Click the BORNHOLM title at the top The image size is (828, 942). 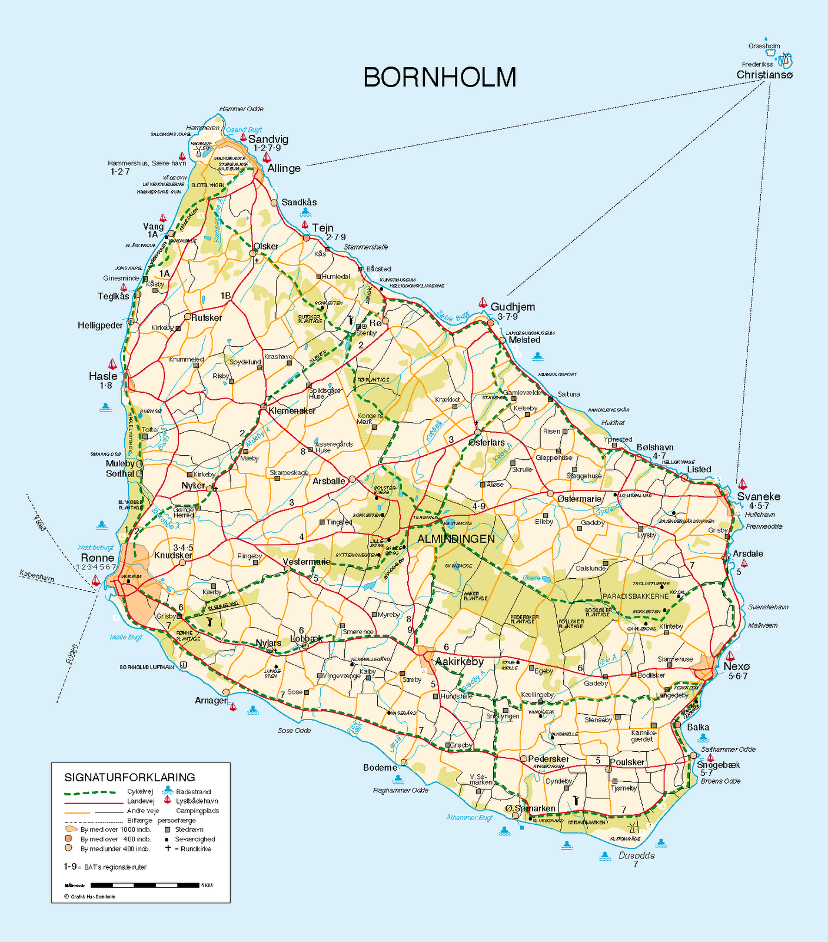[440, 78]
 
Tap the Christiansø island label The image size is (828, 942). [764, 75]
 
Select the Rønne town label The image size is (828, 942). [98, 558]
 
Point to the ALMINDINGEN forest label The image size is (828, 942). [456, 539]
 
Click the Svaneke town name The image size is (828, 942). [759, 496]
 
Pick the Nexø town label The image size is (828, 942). [737, 666]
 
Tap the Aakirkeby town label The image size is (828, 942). [459, 662]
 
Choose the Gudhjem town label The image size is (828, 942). [513, 307]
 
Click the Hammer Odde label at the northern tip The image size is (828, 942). [241, 109]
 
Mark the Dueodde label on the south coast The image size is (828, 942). [637, 855]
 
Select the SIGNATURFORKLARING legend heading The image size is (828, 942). [129, 777]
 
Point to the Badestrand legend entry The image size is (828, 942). [193, 792]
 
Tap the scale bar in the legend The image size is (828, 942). [145, 885]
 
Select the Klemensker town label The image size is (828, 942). [292, 410]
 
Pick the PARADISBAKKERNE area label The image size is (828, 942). [636, 596]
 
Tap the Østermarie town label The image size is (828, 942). [579, 499]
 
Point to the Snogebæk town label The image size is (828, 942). [718, 765]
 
